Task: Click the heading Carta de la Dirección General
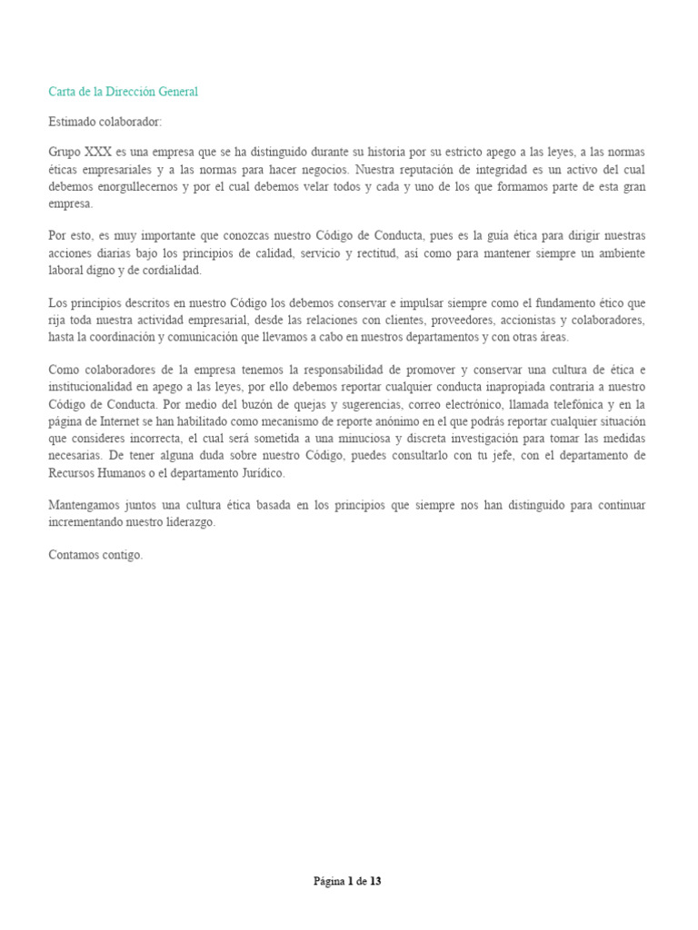click(123, 92)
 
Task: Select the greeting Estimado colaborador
click(105, 122)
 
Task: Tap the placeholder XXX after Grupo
click(97, 152)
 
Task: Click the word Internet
click(139, 422)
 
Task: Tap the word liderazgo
click(188, 523)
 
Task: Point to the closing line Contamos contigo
click(95, 555)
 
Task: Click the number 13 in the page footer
click(375, 881)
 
